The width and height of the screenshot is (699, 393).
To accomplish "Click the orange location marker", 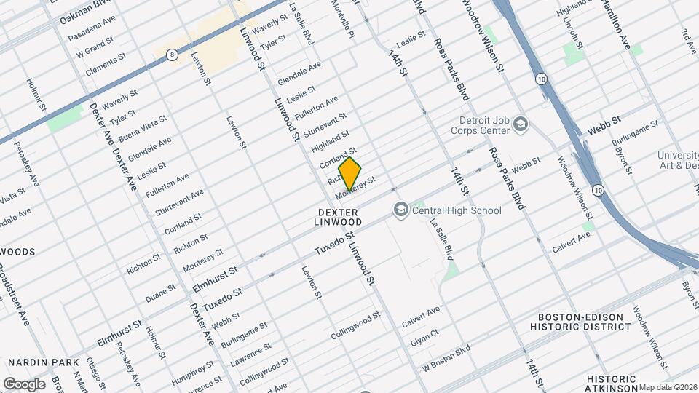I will click(x=350, y=173).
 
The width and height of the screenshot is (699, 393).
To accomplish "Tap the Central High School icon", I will click(x=400, y=210).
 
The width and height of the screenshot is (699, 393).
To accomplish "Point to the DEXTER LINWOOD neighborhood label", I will click(x=339, y=216).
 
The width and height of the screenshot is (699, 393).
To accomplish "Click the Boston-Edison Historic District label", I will click(x=584, y=322).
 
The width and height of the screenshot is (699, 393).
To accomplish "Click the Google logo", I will click(x=24, y=384).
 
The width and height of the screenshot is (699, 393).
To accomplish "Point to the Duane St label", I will click(x=160, y=292).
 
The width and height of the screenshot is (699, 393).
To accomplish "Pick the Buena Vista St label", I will click(x=143, y=127).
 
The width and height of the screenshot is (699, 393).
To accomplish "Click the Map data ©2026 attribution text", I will click(x=668, y=387).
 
